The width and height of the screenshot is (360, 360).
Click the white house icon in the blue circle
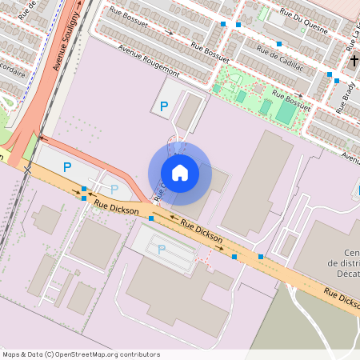click(179, 173)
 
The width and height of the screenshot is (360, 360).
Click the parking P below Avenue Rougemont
click(164, 106)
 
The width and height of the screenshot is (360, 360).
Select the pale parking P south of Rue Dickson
click(162, 249)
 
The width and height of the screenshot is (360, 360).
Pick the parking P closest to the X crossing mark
click(67, 167)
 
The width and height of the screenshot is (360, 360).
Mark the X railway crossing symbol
click(29, 169)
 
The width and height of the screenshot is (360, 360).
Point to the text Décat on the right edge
click(344, 274)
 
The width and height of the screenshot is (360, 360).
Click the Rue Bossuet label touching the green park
click(290, 99)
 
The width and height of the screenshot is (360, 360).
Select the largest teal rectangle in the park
click(285, 112)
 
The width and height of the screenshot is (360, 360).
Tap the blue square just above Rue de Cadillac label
click(278, 43)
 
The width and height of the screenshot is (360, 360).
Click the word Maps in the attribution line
click(12, 354)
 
